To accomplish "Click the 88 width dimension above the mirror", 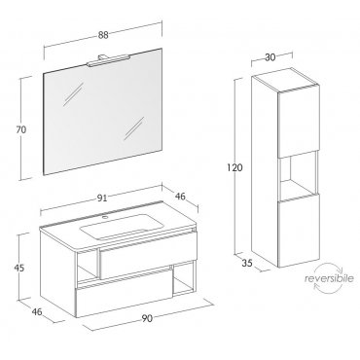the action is (103, 35).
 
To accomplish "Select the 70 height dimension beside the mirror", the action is (21, 129).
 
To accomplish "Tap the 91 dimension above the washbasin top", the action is (102, 198).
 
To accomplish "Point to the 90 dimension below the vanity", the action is (147, 318).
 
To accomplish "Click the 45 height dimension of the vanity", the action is (19, 269).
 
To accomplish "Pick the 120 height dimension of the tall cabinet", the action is (234, 167).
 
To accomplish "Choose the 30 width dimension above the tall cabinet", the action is (270, 57).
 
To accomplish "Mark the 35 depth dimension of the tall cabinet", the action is (247, 263).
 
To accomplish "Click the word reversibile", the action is (329, 278).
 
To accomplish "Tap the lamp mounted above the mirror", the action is (108, 59).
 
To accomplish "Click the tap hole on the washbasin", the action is (104, 217).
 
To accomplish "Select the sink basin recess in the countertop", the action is (121, 227).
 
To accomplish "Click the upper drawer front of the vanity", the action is (149, 254).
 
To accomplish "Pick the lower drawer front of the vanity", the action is (125, 291).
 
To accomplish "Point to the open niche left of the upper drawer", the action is (87, 266).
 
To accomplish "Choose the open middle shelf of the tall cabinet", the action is (299, 175).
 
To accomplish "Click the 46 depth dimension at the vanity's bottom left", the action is (37, 311).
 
